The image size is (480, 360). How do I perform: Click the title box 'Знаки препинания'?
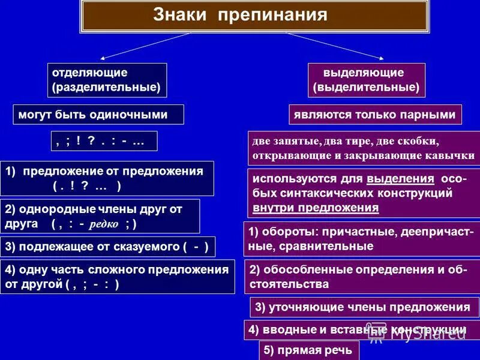tap(255, 15)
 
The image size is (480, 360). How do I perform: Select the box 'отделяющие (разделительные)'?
tap(107, 80)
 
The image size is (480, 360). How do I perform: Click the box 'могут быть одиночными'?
tap(98, 114)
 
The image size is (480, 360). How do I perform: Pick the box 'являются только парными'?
tap(375, 114)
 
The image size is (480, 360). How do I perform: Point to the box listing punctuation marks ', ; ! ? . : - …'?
tap(104, 140)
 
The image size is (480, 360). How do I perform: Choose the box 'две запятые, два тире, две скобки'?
tap(364, 149)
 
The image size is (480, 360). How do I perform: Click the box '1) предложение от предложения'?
tap(107, 178)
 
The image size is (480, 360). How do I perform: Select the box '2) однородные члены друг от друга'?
tap(100, 216)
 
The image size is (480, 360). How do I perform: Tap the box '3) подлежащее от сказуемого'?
tap(108, 246)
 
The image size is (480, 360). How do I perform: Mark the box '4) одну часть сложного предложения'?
tap(118, 277)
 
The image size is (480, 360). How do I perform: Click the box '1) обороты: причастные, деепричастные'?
tap(362, 239)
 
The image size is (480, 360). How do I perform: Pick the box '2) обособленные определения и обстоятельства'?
tap(362, 277)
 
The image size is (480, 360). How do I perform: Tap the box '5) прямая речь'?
tap(309, 350)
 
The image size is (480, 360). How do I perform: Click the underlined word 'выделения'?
tap(400, 179)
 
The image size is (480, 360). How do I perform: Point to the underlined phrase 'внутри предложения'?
tap(316, 208)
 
